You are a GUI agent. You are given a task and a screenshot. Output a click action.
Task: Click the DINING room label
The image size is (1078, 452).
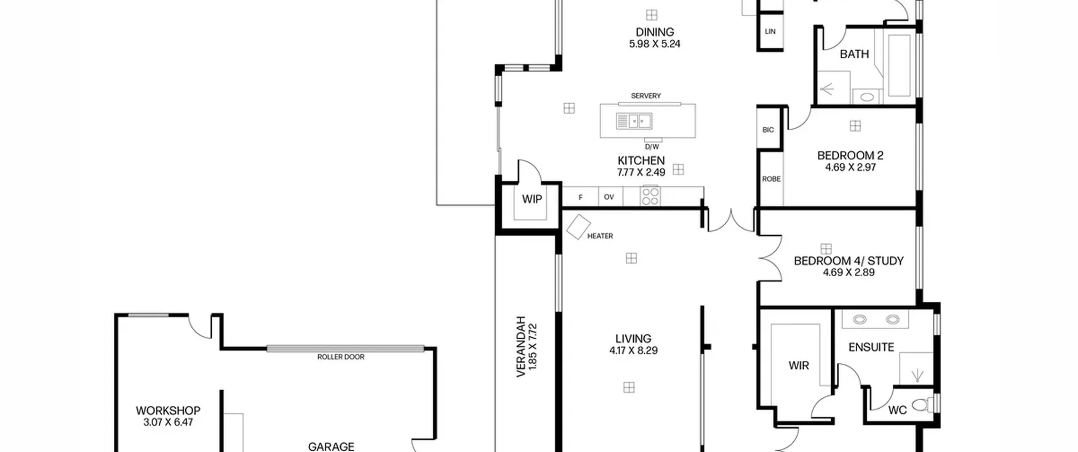point(654,32)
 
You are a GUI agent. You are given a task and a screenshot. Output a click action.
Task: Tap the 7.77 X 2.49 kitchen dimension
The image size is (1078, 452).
point(641,172)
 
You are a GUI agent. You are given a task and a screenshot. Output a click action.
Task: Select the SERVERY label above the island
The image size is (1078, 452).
point(646,96)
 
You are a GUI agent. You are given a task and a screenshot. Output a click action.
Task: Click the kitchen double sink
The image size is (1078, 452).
point(634,121)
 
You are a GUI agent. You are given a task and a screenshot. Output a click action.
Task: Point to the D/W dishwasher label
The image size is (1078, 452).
point(651,147)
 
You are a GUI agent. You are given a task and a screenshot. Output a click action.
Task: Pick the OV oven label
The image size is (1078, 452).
point(609,197)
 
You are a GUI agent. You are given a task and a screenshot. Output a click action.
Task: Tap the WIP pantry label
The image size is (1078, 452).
point(532,199)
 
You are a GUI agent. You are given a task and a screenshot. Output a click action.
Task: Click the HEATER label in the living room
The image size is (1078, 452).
point(600,236)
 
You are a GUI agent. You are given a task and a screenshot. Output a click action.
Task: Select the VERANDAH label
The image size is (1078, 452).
point(521,347)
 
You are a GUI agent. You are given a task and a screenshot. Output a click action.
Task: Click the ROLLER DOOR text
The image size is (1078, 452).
point(341,357)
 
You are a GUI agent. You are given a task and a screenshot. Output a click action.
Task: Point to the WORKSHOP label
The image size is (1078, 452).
point(168,410)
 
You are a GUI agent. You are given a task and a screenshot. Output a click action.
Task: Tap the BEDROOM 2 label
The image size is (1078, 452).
point(850,156)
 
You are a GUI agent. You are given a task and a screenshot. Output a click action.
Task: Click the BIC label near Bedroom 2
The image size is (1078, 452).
point(768,130)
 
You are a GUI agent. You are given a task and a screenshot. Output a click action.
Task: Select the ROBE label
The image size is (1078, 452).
point(771,179)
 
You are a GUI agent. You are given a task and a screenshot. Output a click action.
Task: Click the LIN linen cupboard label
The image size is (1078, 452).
point(770,32)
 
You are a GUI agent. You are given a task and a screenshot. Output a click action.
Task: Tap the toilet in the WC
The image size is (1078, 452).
point(923,405)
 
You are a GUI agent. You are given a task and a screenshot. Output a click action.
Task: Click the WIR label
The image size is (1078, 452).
point(798,366)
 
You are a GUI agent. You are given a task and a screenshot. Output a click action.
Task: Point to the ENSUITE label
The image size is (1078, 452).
point(871,347)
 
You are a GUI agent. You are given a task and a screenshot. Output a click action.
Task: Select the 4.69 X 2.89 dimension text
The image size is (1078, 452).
point(849,272)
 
